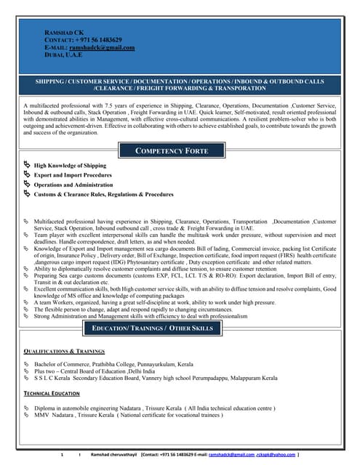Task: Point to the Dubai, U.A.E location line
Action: click(63, 54)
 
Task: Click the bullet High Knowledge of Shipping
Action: click(70, 166)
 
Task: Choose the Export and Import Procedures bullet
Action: click(73, 175)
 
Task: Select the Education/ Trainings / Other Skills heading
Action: click(152, 328)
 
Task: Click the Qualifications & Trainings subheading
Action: click(64, 351)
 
